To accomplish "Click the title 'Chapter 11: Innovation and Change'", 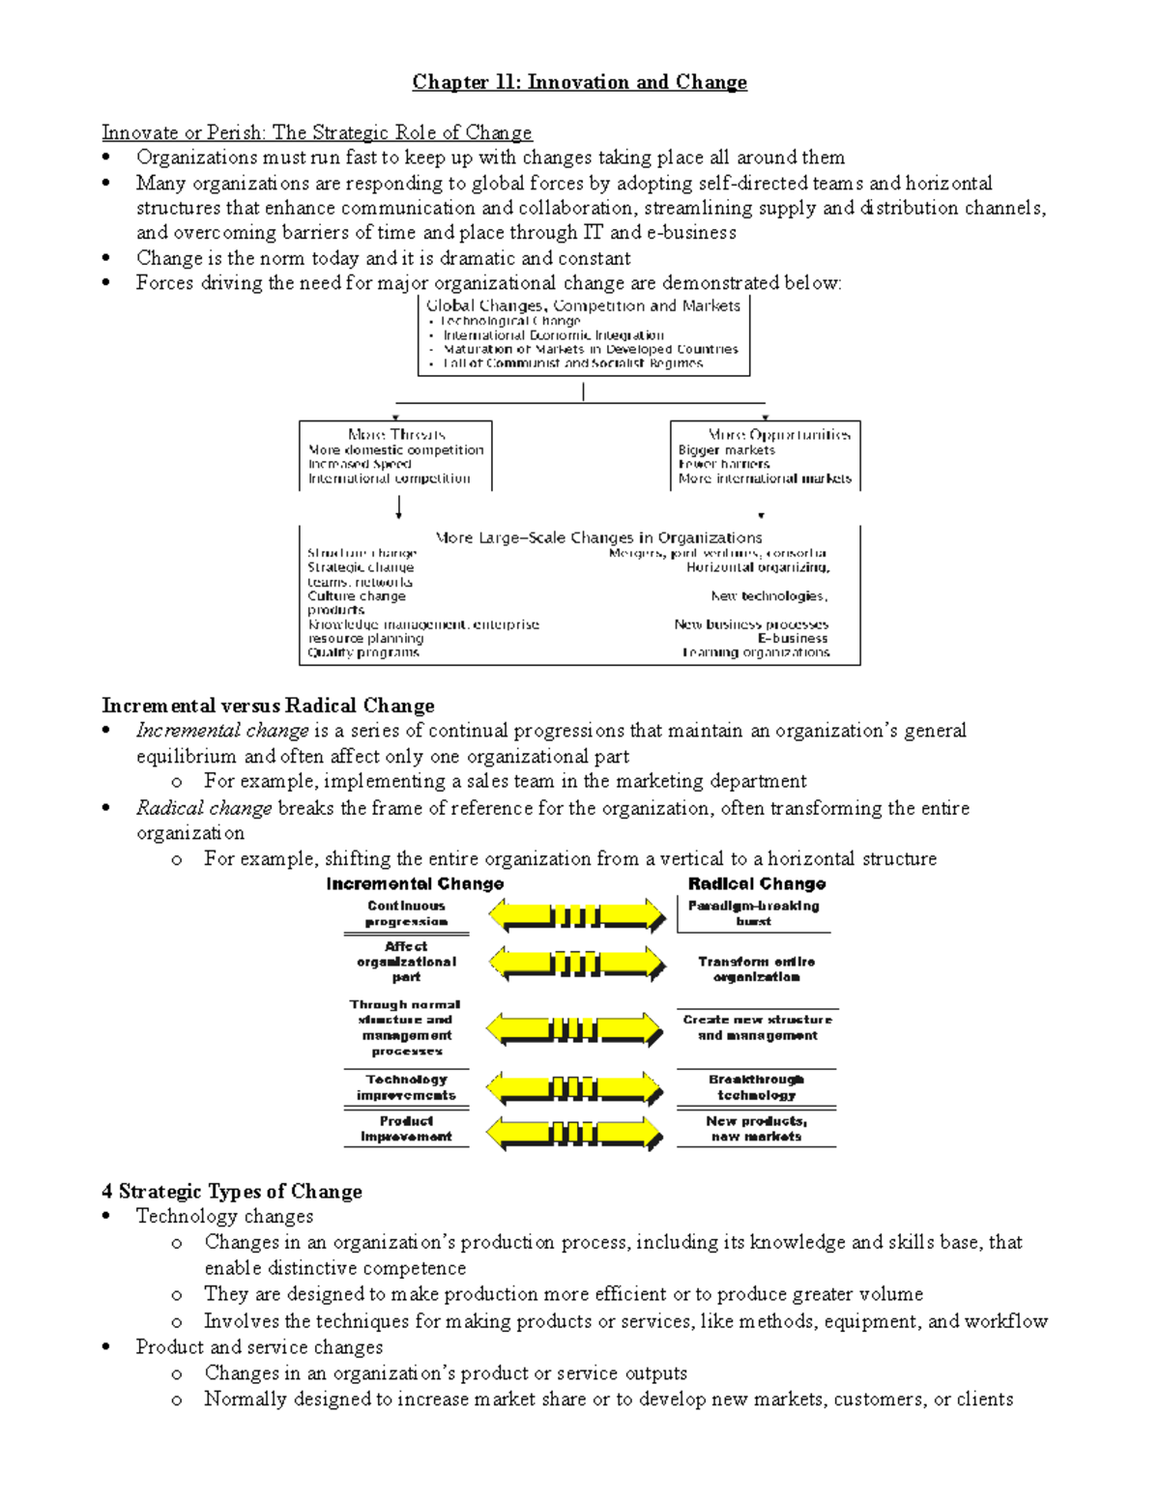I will click(579, 82).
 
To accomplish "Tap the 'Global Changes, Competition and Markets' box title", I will click(583, 305).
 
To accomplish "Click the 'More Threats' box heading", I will click(396, 435).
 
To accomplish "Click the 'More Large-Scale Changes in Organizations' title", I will click(598, 537).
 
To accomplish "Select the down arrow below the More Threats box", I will click(398, 507).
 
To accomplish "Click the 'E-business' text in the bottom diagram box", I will click(793, 638).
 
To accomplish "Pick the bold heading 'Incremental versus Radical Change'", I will click(268, 706).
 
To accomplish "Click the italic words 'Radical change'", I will click(204, 808).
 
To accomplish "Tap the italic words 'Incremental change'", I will click(222, 731).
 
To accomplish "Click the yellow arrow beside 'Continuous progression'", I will click(577, 914).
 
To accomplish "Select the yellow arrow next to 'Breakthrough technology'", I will click(575, 1088).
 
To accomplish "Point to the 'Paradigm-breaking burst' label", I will click(753, 913).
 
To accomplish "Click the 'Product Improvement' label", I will click(406, 1129).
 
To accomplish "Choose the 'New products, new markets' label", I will click(756, 1129).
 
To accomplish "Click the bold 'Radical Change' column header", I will click(756, 883).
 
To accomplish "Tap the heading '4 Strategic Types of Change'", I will click(232, 1192).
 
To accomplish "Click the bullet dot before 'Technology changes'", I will click(106, 1217).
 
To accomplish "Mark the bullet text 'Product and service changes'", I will click(259, 1347).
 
